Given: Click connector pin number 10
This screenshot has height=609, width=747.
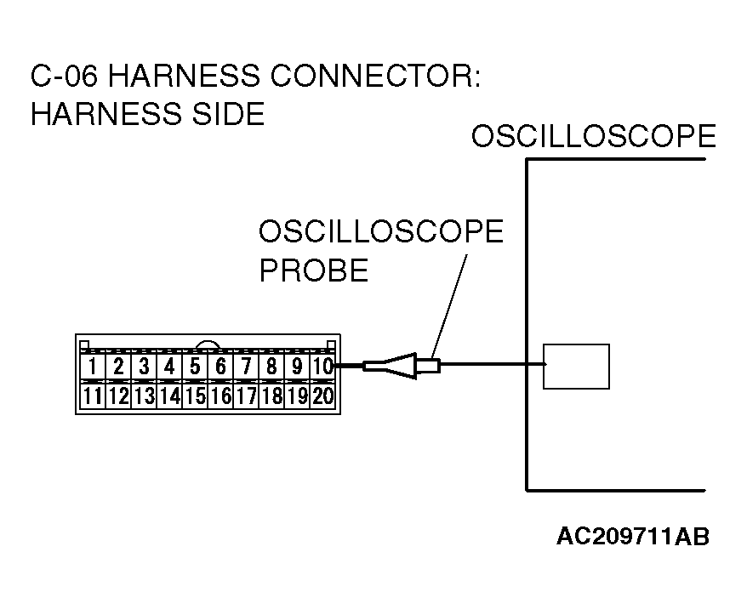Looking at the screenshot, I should pyautogui.click(x=322, y=367).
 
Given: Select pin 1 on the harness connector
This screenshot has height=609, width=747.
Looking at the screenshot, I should pyautogui.click(x=93, y=367).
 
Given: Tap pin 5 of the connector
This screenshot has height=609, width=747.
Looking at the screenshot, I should pyautogui.click(x=195, y=367).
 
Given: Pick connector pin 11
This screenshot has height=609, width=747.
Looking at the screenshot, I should pyautogui.click(x=93, y=396).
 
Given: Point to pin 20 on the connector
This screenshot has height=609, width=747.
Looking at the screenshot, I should pyautogui.click(x=322, y=396).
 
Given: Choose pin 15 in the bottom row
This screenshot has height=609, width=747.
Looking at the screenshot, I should pyautogui.click(x=195, y=396).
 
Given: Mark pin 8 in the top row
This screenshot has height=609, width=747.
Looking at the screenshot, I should pyautogui.click(x=271, y=367).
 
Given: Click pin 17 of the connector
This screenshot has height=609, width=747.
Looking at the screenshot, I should pyautogui.click(x=246, y=396).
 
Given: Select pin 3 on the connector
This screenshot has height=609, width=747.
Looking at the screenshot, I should pyautogui.click(x=144, y=367).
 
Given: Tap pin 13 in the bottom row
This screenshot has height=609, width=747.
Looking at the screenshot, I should pyautogui.click(x=144, y=396).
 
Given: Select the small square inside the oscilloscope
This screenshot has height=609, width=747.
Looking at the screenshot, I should pyautogui.click(x=576, y=366).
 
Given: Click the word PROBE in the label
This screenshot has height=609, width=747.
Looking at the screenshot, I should pyautogui.click(x=313, y=270).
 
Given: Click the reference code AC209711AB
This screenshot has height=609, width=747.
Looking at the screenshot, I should pyautogui.click(x=633, y=536).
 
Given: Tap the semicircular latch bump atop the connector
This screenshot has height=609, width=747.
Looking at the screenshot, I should pyautogui.click(x=208, y=345).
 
